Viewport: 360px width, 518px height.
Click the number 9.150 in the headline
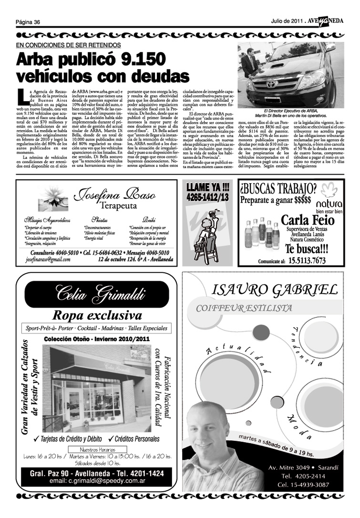143,61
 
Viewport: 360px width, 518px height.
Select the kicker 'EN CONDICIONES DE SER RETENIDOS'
68,45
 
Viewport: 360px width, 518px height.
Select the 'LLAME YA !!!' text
207,187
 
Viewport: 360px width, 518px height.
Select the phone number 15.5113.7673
313,260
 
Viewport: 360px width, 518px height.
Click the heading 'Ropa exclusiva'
97,315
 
